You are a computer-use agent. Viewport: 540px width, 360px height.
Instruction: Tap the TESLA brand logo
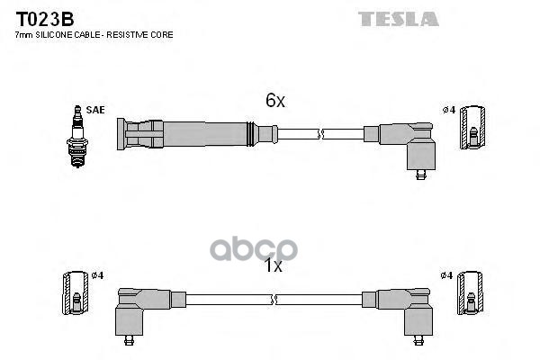[x=398, y=18]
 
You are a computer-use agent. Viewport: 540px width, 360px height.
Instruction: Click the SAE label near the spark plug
[x=96, y=110]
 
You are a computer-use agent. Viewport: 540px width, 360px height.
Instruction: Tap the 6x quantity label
[x=274, y=102]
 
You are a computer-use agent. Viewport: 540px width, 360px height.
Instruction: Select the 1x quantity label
[x=274, y=265]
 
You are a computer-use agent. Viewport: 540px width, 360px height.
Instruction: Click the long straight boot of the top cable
[x=189, y=135]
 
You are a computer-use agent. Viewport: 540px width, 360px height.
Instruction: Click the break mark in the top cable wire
[x=320, y=135]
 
